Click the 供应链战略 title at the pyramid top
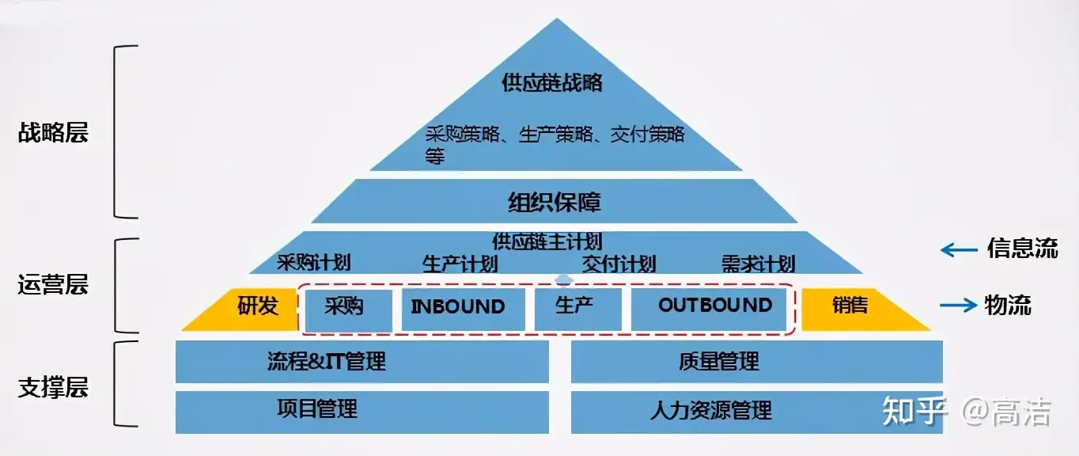[x=552, y=82]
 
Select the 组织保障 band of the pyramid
[x=555, y=201]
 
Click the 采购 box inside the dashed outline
[x=349, y=310]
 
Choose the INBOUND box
[x=464, y=310]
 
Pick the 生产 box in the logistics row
[x=578, y=310]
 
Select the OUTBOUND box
[x=709, y=310]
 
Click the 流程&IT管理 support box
[x=362, y=362]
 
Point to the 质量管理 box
[x=757, y=362]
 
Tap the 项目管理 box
[x=362, y=412]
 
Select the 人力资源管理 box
[x=757, y=412]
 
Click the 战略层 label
[x=53, y=132]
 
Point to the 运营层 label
[x=53, y=284]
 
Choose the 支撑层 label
[x=53, y=387]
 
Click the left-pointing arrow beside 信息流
[x=959, y=249]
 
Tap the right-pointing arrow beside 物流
[x=959, y=305]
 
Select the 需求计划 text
[x=758, y=264]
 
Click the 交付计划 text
[x=619, y=264]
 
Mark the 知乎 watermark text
[x=914, y=411]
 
